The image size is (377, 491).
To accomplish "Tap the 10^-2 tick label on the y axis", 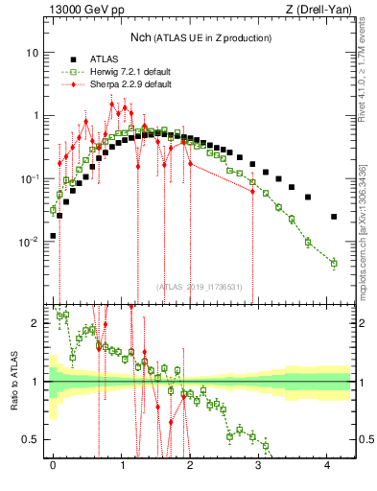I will pos(29,242).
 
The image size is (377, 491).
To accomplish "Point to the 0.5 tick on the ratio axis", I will pos(31,439).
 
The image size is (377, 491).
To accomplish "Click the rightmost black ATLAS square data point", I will pos(334,217).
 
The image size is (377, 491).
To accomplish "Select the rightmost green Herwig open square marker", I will pos(334,263).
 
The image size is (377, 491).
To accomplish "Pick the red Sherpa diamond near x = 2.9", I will pos(252,192).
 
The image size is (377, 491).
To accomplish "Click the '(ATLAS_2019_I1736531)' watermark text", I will pos(200,287).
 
